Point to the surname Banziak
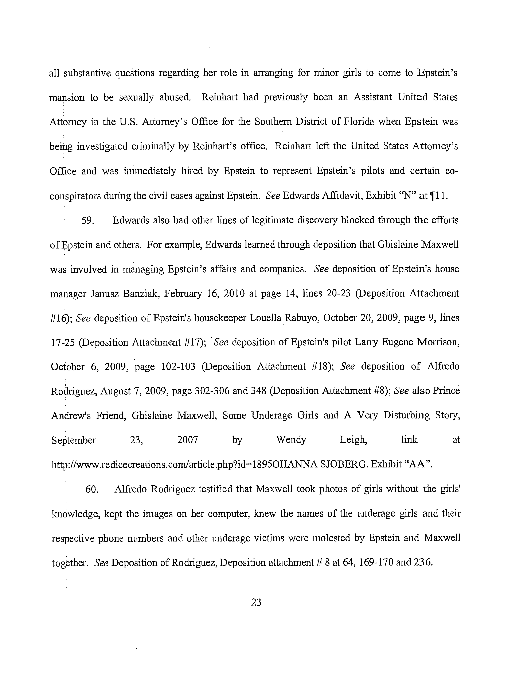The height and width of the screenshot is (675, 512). (141, 294)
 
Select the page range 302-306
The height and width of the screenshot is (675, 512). (212, 391)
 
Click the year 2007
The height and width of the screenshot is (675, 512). (188, 440)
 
